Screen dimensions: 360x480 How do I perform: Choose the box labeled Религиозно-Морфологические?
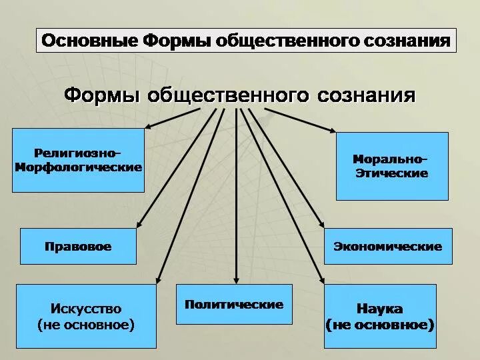click(x=78, y=161)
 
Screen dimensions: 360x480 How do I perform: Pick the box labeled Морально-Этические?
click(x=391, y=166)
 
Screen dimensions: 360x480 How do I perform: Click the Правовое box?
click(x=78, y=246)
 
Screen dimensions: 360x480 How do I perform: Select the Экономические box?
click(x=387, y=246)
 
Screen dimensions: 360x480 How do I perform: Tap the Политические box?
click(x=234, y=304)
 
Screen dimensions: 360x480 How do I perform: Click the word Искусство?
click(x=86, y=309)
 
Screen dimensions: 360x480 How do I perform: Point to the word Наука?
click(x=380, y=309)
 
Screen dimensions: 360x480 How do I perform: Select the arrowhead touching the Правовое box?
click(x=139, y=227)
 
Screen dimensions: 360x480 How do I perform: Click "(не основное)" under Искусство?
click(x=86, y=325)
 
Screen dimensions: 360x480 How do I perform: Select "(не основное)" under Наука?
click(x=380, y=325)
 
